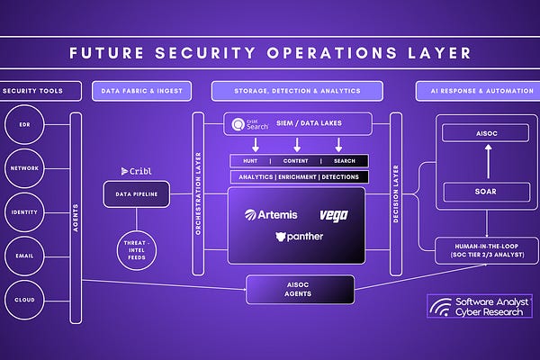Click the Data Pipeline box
tap(136, 193)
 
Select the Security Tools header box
tap(40, 91)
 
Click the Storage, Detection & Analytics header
tap(297, 91)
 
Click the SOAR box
tap(487, 192)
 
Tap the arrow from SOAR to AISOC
tap(487, 163)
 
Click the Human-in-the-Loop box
tap(487, 251)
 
